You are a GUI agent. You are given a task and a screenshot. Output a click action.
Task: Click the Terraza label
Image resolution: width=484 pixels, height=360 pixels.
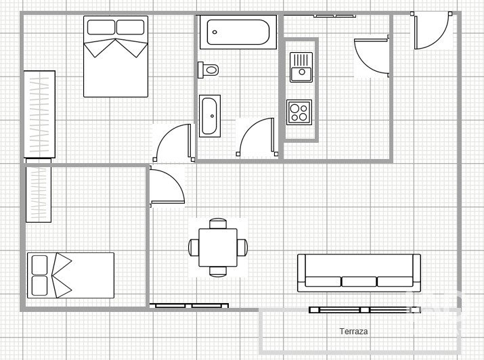click(353, 332)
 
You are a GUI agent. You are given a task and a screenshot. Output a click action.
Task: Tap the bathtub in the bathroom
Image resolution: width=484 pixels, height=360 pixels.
click(238, 32)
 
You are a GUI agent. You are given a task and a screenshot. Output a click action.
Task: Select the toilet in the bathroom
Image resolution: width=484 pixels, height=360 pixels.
click(208, 70)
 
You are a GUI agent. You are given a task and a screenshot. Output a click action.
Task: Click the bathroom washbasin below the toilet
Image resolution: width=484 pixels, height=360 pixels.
click(210, 116)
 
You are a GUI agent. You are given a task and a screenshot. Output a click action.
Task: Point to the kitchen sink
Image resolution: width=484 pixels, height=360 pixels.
click(301, 67)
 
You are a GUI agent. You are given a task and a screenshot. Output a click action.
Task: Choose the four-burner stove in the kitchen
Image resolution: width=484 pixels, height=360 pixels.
click(299, 112)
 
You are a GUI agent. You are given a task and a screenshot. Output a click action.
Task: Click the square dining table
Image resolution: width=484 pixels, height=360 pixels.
click(218, 248)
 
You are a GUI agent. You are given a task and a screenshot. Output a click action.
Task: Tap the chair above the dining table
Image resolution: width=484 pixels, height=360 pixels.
click(218, 223)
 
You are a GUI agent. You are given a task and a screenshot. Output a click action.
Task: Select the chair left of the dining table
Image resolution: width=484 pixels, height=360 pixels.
click(194, 248)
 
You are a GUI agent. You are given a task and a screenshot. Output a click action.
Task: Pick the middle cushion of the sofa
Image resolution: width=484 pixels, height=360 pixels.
click(359, 282)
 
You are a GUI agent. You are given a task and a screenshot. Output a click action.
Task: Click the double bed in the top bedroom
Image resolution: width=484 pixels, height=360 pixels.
click(116, 56)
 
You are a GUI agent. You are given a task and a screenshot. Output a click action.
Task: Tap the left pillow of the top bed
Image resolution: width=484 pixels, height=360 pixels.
click(101, 27)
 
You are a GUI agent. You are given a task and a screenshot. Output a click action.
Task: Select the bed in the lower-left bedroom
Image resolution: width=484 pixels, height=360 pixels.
click(70, 275)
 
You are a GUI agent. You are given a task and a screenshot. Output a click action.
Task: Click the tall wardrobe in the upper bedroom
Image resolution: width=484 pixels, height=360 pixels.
click(39, 114)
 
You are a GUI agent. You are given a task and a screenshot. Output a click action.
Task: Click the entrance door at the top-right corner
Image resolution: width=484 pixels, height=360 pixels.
click(431, 30)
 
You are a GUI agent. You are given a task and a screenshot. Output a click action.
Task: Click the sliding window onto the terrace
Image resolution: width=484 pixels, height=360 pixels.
click(365, 310)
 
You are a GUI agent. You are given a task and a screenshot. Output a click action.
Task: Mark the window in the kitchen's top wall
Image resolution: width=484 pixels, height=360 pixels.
click(334, 16)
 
